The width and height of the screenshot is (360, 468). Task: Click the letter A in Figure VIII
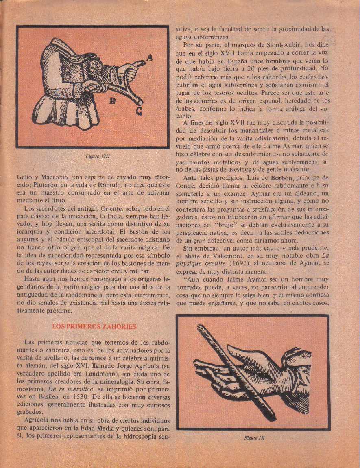pos(149,58)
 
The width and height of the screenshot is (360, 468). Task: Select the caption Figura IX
pos(254,438)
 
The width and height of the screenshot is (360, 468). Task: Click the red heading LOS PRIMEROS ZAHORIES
pos(94,326)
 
